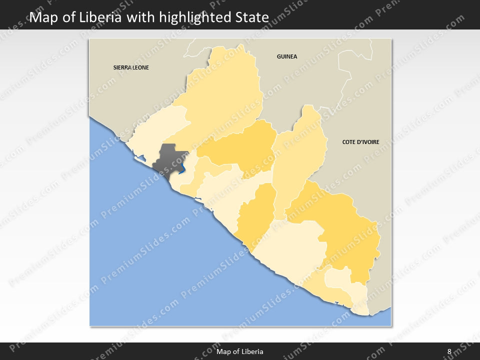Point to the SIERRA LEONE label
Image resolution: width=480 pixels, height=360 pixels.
[131, 67]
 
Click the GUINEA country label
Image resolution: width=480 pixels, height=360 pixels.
[287, 56]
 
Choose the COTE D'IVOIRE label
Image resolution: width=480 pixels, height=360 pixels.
[360, 142]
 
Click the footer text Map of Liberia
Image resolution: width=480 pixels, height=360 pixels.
[240, 351]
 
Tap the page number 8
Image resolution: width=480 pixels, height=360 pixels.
[449, 351]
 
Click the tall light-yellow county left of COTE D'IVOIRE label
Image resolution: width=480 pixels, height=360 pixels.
[298, 160]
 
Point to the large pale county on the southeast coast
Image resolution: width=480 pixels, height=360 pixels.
[292, 245]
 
